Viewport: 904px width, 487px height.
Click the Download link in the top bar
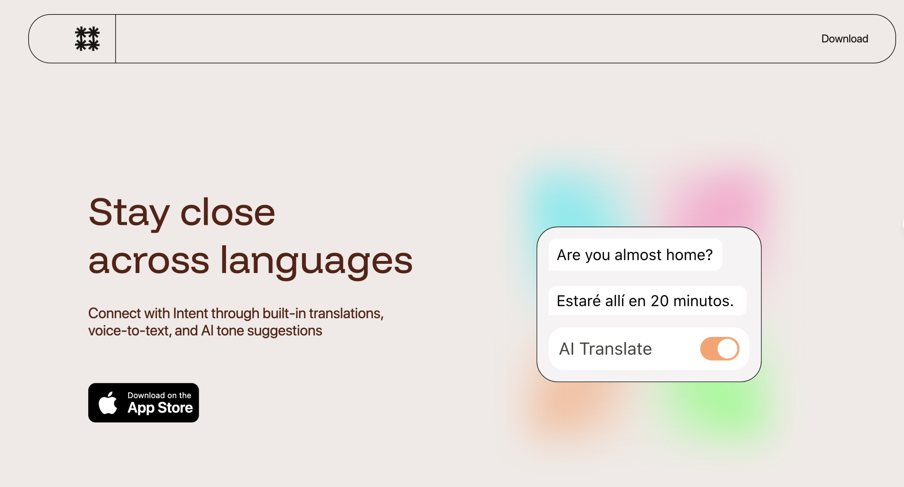pyautogui.click(x=844, y=38)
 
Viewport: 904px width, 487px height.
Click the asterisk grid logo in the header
pyautogui.click(x=87, y=38)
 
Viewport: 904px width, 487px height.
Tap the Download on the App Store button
pyautogui.click(x=143, y=403)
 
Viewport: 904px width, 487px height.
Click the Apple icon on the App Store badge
pyautogui.click(x=108, y=403)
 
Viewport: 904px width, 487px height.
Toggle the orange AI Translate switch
pyautogui.click(x=720, y=349)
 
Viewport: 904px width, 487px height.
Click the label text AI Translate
pyautogui.click(x=605, y=349)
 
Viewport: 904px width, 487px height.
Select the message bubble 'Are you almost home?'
pyautogui.click(x=635, y=255)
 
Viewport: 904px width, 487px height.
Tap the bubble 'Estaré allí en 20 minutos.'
pyautogui.click(x=647, y=301)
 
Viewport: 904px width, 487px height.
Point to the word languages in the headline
pyautogui.click(x=317, y=261)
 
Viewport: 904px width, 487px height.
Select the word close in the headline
pyautogui.click(x=228, y=212)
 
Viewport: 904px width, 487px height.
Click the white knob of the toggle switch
pyautogui.click(x=727, y=349)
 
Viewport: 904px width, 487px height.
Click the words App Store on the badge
pyautogui.click(x=160, y=408)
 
